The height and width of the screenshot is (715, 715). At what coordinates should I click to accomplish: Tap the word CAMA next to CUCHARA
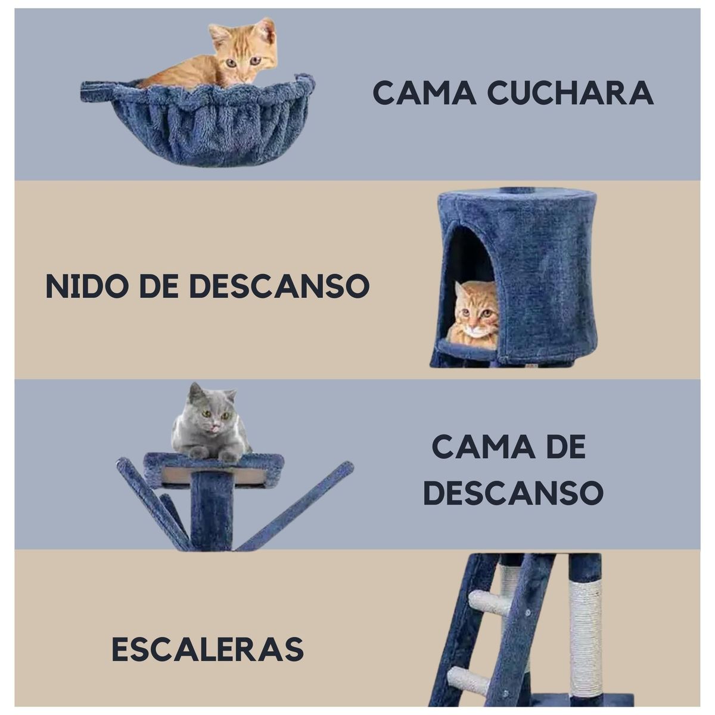tap(423, 93)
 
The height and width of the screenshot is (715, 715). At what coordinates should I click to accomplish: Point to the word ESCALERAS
tap(207, 648)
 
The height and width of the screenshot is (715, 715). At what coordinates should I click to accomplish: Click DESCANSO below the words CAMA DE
tap(513, 493)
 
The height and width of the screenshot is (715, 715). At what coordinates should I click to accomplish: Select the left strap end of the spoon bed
tap(95, 91)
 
